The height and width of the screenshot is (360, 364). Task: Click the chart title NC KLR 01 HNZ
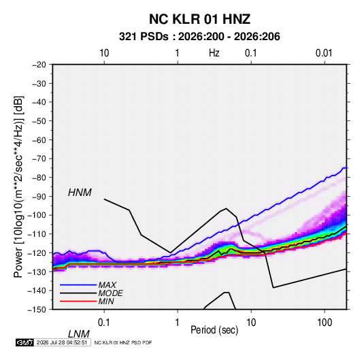(x=199, y=19)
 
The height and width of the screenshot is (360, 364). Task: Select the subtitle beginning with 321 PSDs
(x=199, y=37)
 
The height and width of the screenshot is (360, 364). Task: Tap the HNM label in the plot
(x=80, y=193)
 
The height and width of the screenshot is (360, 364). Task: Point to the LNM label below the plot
(x=78, y=334)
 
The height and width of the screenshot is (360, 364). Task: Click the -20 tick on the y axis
(x=39, y=65)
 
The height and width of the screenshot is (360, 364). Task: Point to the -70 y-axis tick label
(x=39, y=159)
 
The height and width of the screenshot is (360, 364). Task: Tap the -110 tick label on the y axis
(x=37, y=234)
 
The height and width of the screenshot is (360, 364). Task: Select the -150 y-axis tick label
(x=37, y=310)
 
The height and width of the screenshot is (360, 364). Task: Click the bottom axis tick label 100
(x=325, y=323)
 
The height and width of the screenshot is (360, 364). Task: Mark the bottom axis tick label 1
(x=178, y=323)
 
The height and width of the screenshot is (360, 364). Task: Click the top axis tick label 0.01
(x=324, y=53)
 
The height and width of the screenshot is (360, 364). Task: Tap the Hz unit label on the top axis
(x=214, y=53)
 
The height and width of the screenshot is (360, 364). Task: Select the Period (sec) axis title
(x=214, y=330)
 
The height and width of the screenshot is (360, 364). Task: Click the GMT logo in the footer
(x=24, y=342)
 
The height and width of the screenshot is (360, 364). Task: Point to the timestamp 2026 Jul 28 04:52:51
(x=62, y=342)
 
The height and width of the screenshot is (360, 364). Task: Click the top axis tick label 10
(x=104, y=53)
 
